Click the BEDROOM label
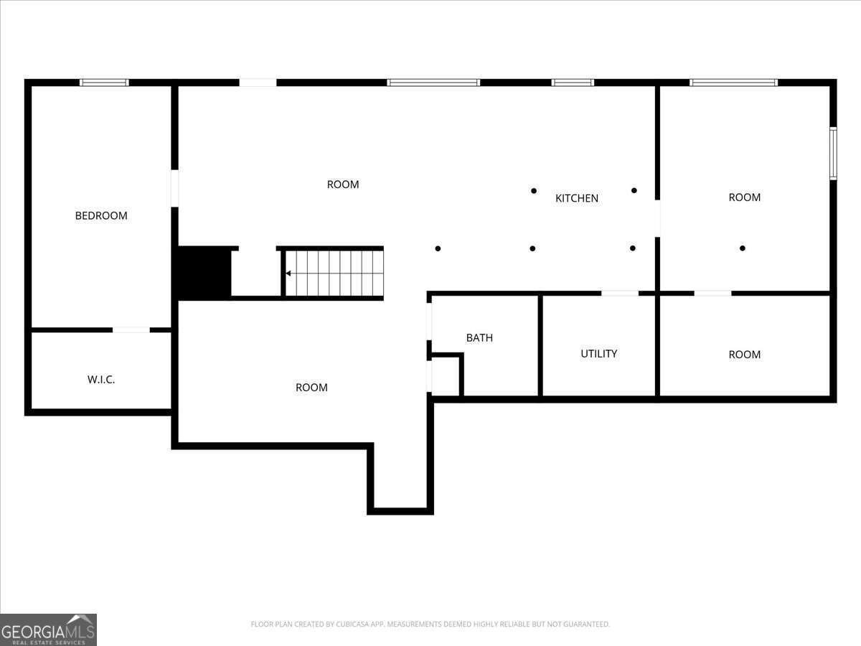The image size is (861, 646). [101, 215]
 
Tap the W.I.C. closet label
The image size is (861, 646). [101, 379]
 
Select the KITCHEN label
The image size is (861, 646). [577, 198]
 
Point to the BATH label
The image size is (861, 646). [479, 337]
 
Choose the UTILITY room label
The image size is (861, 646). [598, 353]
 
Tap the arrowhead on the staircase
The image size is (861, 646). [288, 273]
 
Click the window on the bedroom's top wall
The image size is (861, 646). [104, 83]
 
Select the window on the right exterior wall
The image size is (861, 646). [833, 153]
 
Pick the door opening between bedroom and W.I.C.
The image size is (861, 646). [131, 330]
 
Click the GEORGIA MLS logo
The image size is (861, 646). [48, 629]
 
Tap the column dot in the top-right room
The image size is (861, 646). [743, 248]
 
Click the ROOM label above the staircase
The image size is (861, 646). [343, 184]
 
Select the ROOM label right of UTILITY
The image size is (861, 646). [744, 355]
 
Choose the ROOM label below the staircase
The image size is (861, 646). [311, 388]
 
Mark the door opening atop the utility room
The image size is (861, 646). [619, 293]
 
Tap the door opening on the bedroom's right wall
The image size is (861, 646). [174, 189]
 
